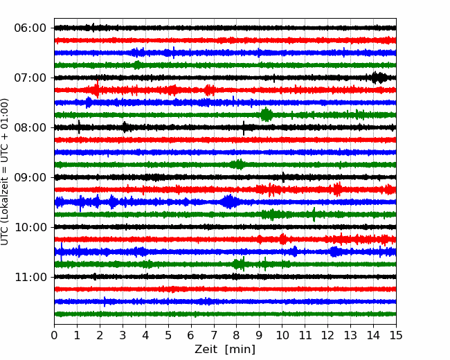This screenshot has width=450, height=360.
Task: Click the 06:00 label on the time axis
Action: click(30, 28)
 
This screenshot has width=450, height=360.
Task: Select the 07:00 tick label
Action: click(30, 78)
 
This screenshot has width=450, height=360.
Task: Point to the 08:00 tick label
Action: click(30, 128)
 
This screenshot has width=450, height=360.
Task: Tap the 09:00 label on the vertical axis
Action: click(30, 178)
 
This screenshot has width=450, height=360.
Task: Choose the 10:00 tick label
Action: click(30, 227)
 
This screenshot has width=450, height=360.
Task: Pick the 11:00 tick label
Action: click(30, 278)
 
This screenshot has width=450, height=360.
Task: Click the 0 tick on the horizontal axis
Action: click(54, 335)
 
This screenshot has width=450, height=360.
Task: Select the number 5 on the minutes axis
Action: click(168, 335)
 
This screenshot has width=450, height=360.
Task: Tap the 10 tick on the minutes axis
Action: click(282, 335)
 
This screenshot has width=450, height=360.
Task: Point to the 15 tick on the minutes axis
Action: click(396, 335)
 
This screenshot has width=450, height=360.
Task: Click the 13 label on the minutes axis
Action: click(350, 335)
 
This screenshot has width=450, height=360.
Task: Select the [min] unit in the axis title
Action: click(240, 350)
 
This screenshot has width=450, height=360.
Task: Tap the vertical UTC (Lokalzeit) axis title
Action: click(4, 172)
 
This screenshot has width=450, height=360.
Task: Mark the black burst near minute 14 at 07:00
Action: click(379, 78)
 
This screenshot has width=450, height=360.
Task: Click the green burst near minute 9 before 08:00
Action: click(267, 114)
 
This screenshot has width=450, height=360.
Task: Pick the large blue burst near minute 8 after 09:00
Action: click(230, 201)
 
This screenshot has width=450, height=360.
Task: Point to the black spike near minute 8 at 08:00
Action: click(244, 128)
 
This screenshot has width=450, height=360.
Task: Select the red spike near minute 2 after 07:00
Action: click(98, 89)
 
